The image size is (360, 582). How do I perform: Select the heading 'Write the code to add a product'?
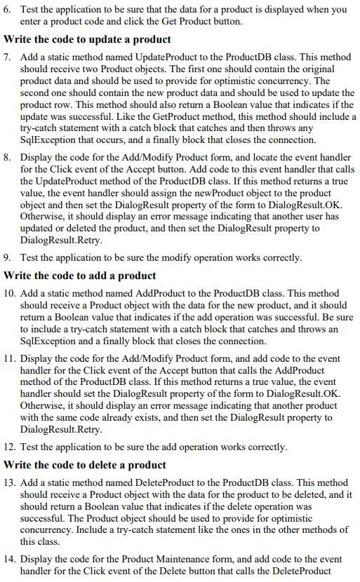click(79, 275)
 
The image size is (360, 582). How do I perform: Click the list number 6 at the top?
click(8, 10)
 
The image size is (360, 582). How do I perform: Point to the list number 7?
click(8, 55)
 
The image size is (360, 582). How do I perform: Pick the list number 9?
click(8, 257)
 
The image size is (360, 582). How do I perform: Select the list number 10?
click(10, 292)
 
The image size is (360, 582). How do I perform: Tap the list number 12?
click(10, 447)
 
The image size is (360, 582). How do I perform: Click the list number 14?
click(10, 559)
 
